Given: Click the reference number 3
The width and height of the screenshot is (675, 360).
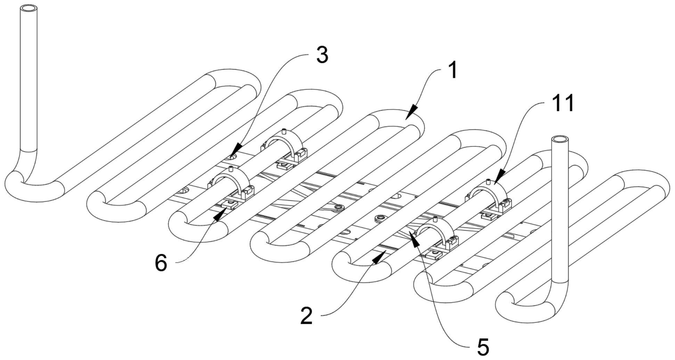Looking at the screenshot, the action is click(x=323, y=55).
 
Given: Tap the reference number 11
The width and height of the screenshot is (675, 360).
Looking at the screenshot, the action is click(x=563, y=103).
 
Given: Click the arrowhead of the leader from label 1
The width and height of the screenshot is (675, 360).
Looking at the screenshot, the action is click(x=411, y=112).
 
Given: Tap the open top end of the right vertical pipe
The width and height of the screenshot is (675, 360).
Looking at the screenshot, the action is click(x=560, y=139).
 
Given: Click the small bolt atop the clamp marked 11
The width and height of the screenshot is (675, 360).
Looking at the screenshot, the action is click(x=488, y=181).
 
